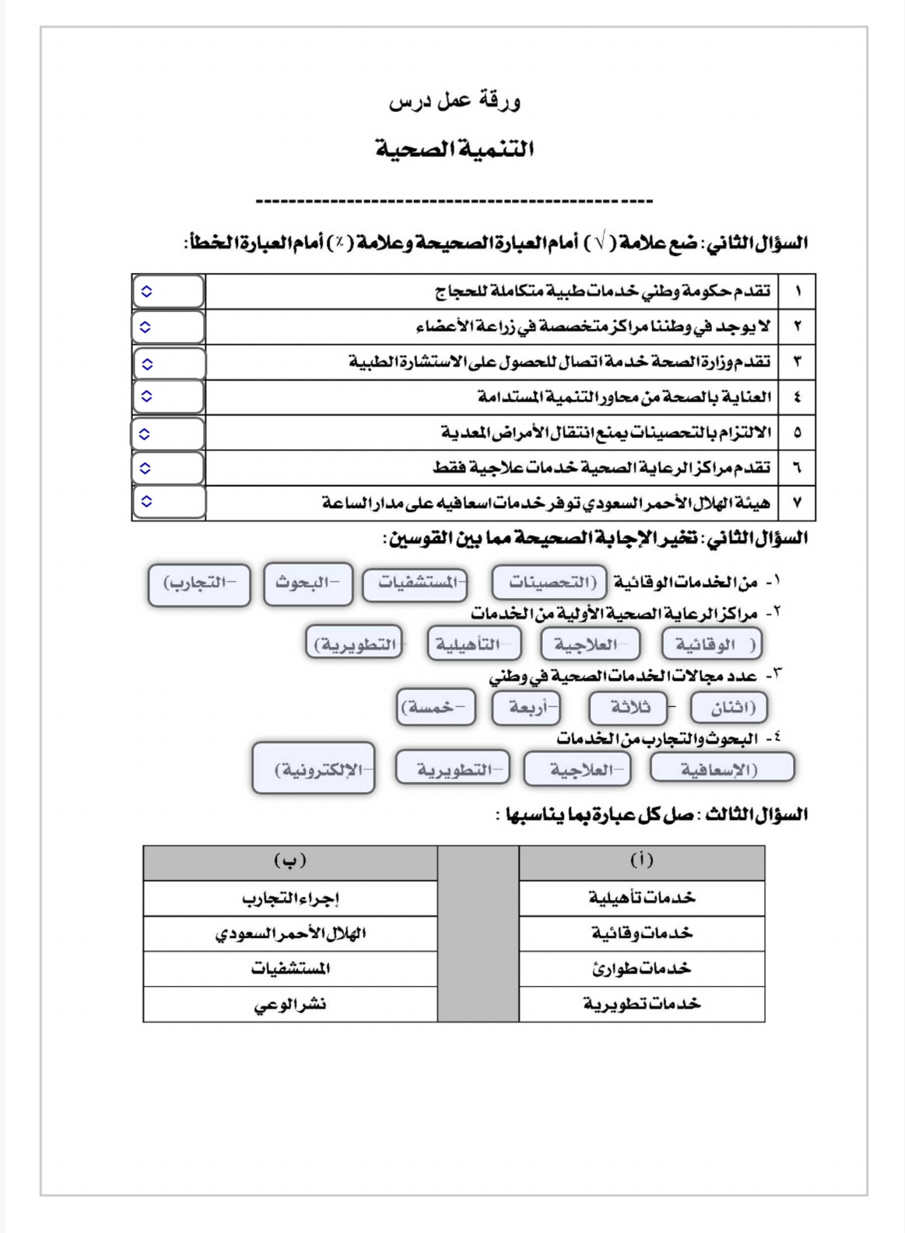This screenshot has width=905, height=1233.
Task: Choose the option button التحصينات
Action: coord(550,582)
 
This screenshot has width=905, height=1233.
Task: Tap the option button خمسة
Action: coord(436,707)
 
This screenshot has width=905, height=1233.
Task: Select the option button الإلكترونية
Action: coord(313,768)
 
